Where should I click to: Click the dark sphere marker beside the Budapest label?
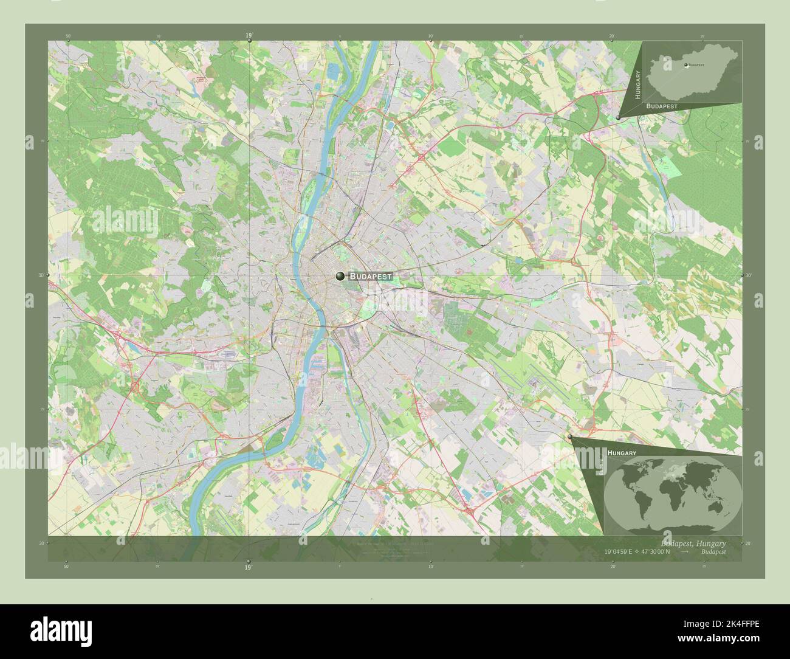(340, 276)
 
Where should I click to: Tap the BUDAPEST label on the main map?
(371, 276)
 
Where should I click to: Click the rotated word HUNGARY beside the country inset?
(638, 85)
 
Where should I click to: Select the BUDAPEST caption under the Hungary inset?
(662, 106)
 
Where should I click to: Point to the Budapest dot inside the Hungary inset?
(686, 65)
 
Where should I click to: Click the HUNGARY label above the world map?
(622, 454)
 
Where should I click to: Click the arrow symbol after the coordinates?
(685, 552)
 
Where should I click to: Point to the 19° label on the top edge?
(249, 36)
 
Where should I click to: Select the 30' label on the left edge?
(42, 275)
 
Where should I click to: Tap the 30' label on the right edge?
(748, 275)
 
